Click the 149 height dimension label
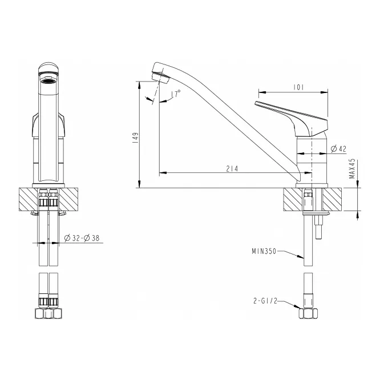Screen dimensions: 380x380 (136, 138)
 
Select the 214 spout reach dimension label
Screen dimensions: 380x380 (232, 169)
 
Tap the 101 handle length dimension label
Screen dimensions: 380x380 (298, 87)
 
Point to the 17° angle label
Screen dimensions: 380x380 (176, 94)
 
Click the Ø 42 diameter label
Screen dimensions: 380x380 (338, 149)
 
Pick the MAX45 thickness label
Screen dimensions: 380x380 (352, 168)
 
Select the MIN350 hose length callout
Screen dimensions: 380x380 (264, 251)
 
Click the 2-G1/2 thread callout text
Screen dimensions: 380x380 (265, 301)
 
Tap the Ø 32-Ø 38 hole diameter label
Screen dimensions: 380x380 (82, 238)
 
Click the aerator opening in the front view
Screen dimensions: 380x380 (48, 80)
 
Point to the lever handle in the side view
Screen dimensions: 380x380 (293, 118)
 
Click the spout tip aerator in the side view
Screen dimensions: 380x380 (160, 76)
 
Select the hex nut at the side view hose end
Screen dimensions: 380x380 (308, 314)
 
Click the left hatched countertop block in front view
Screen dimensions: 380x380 (29, 199)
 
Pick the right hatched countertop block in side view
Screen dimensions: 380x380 (332, 199)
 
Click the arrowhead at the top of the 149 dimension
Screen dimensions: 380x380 (140, 85)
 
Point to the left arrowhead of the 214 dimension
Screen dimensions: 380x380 (163, 173)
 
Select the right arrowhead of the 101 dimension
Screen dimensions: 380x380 (324, 92)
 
